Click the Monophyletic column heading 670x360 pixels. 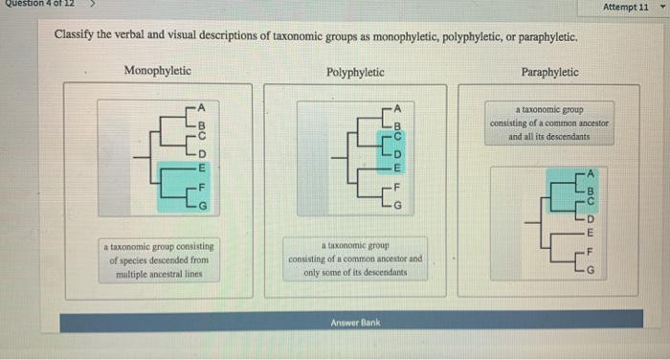[157, 71]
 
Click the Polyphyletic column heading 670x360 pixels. [355, 72]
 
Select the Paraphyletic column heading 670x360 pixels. [549, 72]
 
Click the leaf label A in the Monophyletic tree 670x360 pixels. [202, 104]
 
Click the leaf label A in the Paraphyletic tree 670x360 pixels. [591, 174]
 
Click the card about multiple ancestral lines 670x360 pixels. [161, 259]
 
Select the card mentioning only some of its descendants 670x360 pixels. [355, 259]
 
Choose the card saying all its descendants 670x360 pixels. [549, 124]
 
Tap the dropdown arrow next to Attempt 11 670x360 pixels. [660, 7]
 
